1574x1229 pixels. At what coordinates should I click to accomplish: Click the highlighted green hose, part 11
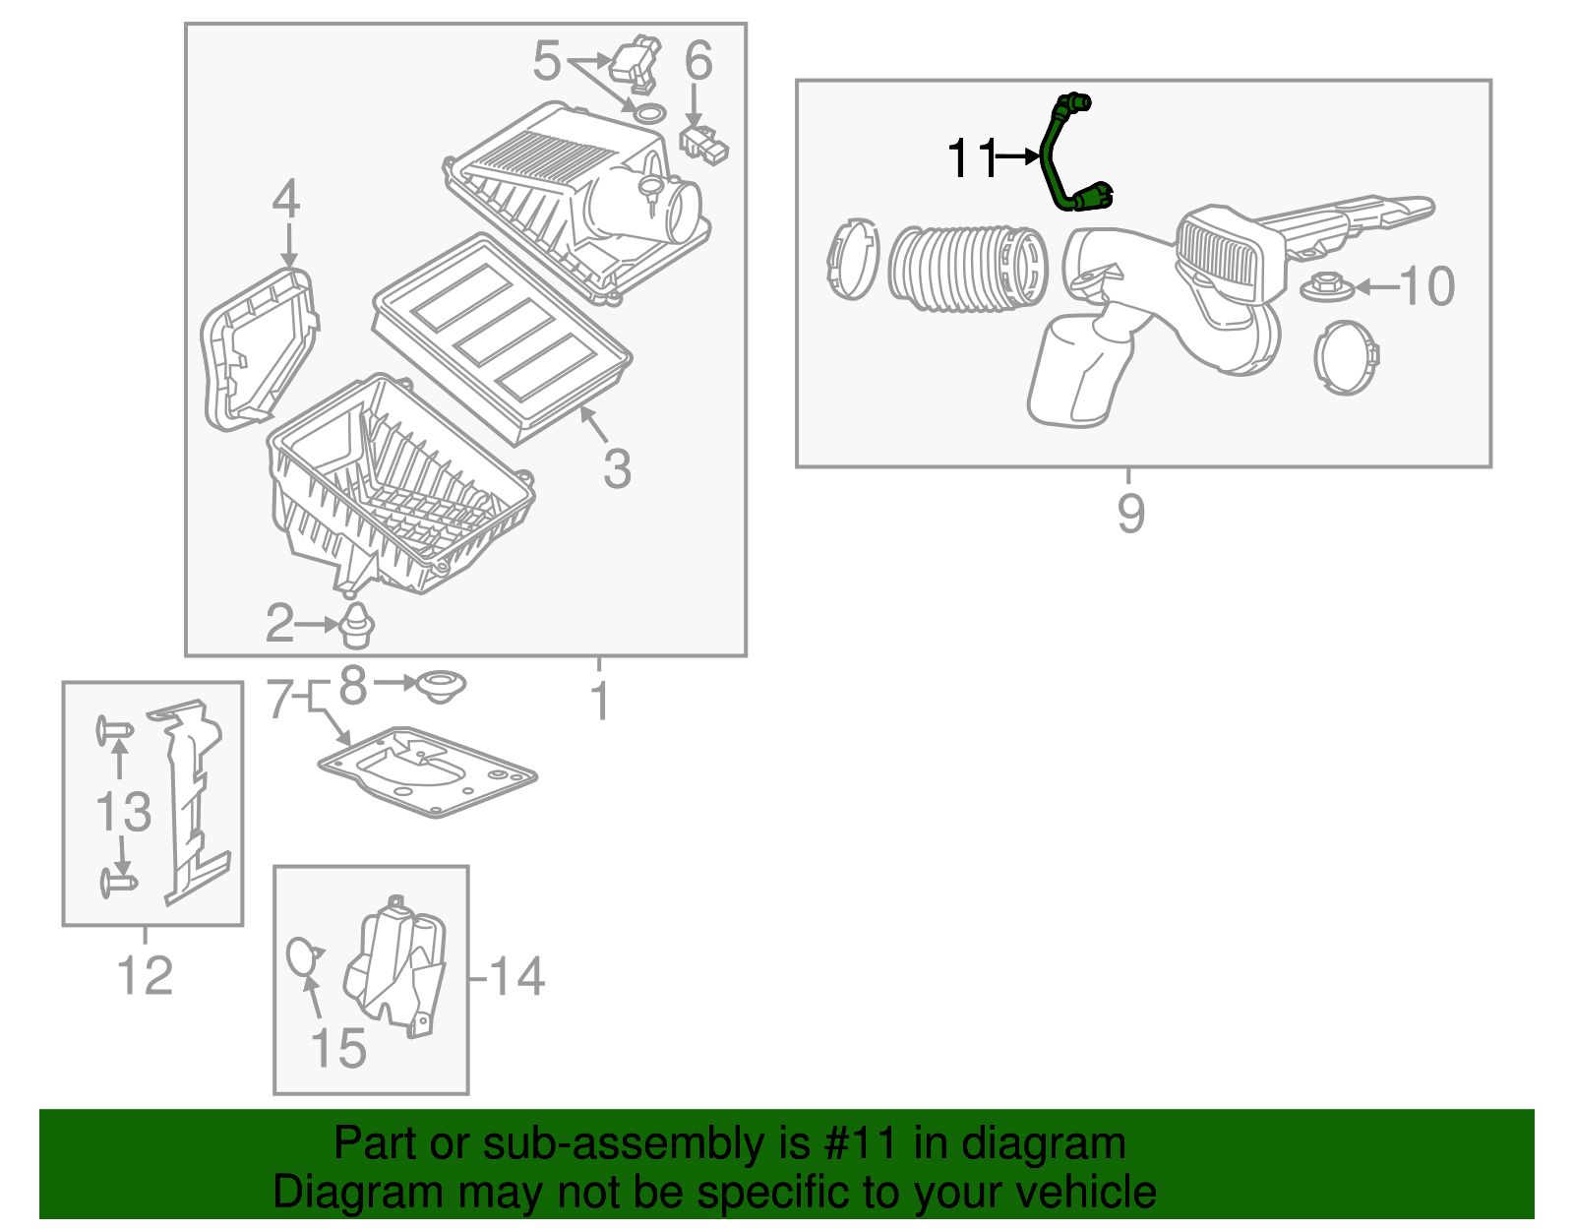(x=1053, y=157)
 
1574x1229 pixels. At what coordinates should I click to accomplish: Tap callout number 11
(x=971, y=157)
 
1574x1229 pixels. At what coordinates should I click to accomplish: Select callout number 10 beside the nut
(x=1425, y=286)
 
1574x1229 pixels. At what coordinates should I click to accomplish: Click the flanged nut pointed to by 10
(x=1327, y=288)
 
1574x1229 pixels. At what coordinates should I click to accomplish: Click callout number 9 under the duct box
(x=1130, y=513)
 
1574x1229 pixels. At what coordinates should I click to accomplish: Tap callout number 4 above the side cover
(x=285, y=200)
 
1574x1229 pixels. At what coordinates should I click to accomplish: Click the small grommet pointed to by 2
(x=356, y=626)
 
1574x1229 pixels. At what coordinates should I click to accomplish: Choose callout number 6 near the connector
(x=697, y=61)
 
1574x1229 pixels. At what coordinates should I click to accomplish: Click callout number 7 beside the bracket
(x=280, y=700)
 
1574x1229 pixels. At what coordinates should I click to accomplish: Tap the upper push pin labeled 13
(x=114, y=731)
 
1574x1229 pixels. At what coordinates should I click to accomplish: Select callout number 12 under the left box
(x=145, y=975)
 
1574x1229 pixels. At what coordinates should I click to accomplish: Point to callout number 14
(x=516, y=976)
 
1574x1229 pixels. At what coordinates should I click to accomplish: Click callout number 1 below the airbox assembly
(x=600, y=701)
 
